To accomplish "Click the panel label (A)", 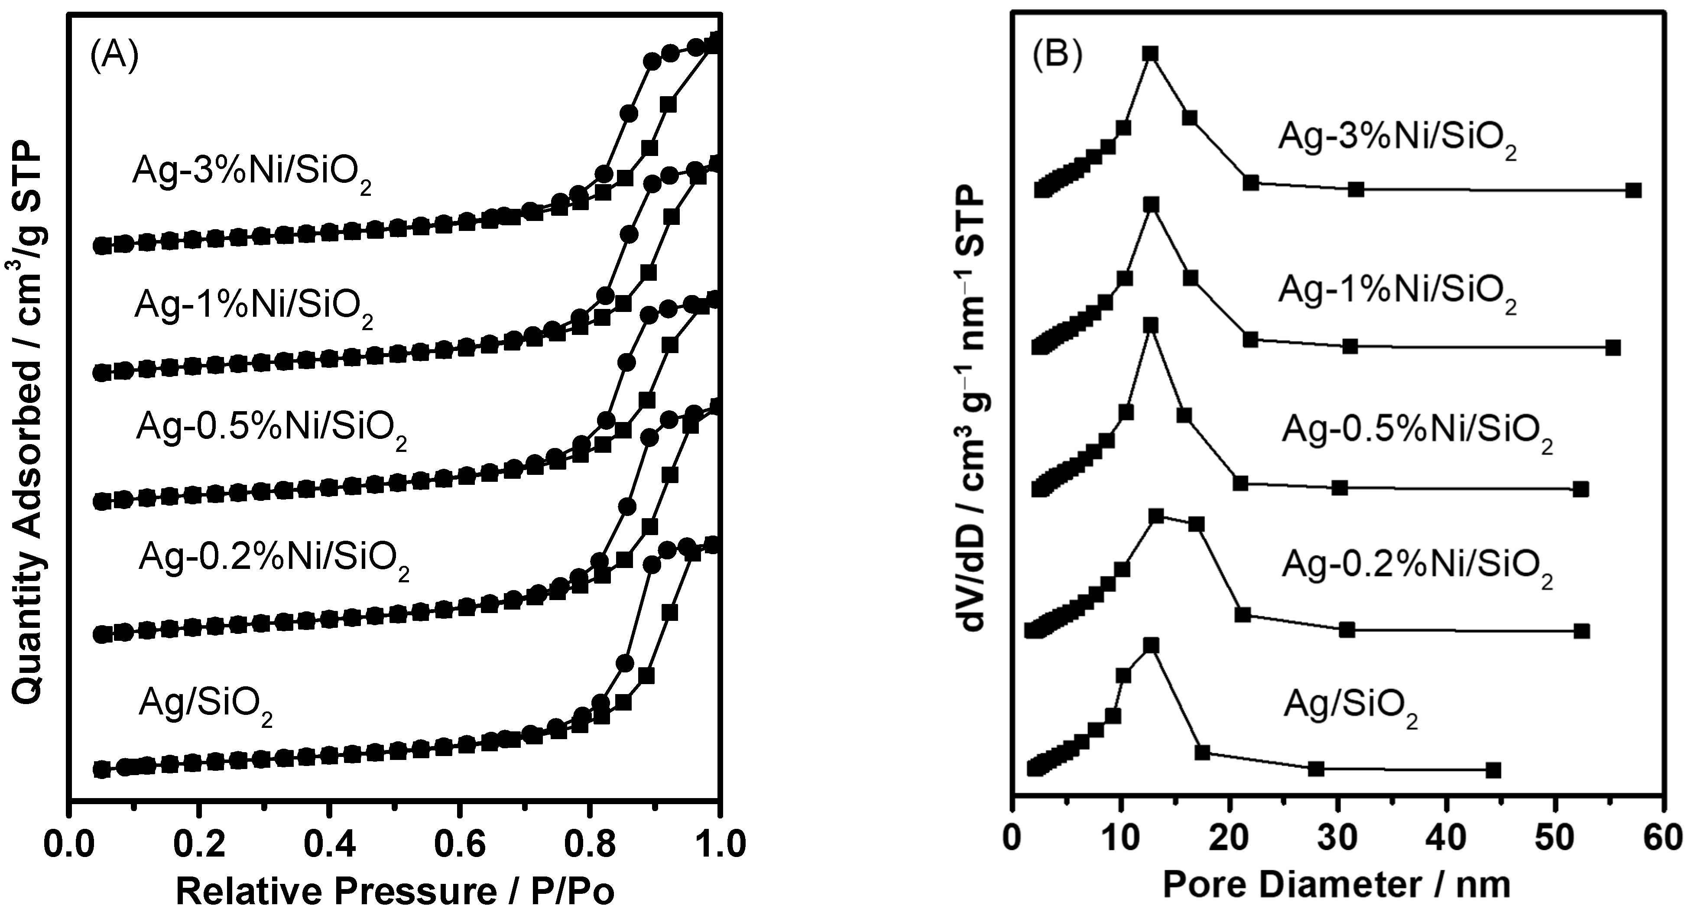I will coord(114,58).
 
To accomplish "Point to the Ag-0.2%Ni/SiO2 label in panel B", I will coord(1417,568).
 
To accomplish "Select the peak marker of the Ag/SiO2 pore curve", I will coord(1151,646).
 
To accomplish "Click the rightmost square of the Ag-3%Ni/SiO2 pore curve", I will coord(1634,190).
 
